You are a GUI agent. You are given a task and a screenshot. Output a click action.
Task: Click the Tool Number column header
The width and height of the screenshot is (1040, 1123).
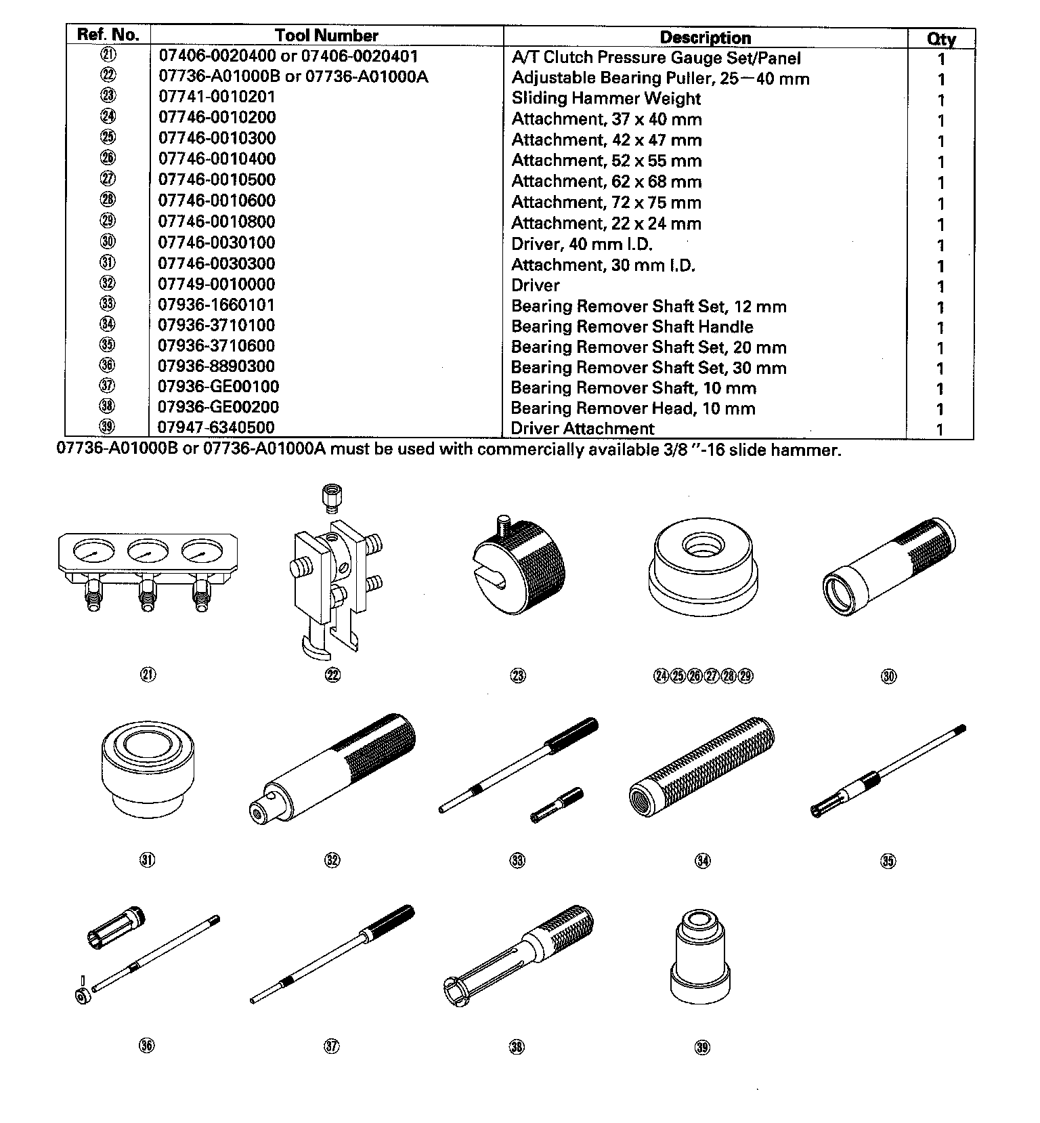326,36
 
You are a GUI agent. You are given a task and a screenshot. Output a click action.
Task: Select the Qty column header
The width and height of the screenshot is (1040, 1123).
941,39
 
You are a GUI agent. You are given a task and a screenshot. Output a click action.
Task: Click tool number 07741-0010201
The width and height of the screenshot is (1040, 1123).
217,96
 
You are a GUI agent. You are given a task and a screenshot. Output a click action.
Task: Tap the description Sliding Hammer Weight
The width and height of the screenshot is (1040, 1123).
606,99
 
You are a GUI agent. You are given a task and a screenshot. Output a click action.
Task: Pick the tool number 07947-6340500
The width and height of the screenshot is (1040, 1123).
217,427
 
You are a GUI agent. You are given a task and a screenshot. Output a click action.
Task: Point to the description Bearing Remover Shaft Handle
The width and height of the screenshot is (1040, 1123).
632,327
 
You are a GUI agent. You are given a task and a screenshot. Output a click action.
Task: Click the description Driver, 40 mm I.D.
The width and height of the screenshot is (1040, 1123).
582,244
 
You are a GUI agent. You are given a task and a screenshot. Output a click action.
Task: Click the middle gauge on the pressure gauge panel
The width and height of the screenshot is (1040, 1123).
146,553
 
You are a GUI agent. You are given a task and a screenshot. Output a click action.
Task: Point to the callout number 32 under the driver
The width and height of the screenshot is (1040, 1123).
332,860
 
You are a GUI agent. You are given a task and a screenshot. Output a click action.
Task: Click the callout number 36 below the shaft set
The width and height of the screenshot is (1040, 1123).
147,1046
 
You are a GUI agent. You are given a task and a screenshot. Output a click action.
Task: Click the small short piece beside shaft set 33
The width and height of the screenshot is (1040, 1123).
557,805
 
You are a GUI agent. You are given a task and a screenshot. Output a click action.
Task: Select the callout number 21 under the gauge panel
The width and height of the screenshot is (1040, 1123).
148,674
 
